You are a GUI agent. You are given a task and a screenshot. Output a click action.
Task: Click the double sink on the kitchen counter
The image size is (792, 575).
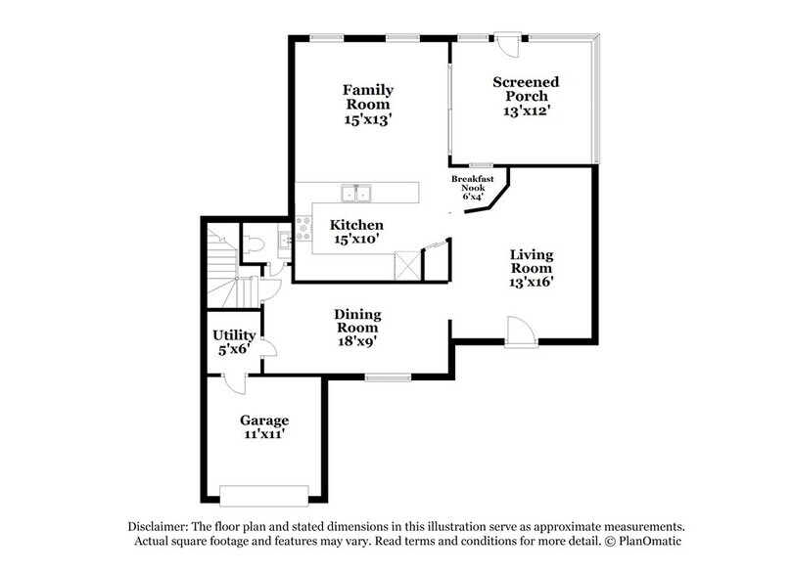point(355,192)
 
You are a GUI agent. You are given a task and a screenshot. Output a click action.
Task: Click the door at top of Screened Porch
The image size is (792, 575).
point(507,44)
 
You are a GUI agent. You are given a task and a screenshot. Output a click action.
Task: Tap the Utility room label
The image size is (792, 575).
point(234,334)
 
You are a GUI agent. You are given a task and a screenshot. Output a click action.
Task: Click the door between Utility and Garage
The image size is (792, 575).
point(232,383)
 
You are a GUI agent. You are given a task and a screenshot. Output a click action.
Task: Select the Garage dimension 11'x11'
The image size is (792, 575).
point(263,435)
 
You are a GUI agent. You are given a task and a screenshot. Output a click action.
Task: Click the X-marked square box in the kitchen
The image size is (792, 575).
point(405,265)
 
